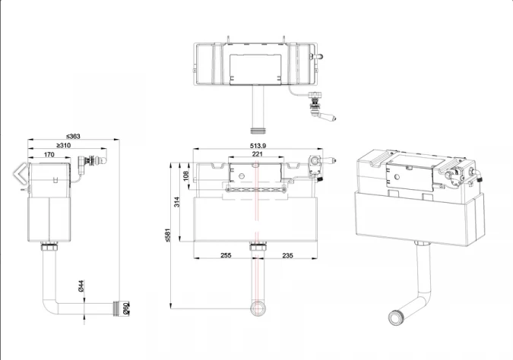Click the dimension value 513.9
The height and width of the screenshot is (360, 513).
coord(259,146)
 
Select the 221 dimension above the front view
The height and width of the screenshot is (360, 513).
coord(258,154)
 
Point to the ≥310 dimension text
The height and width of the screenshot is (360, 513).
coord(65,145)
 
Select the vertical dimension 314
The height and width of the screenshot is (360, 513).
coord(177,201)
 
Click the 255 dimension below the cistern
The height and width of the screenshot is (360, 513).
coord(226,256)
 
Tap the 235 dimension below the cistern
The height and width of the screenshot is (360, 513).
coord(289,256)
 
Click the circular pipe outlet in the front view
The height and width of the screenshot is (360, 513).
coord(258,307)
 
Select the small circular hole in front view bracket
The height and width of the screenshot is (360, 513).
coord(242,176)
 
